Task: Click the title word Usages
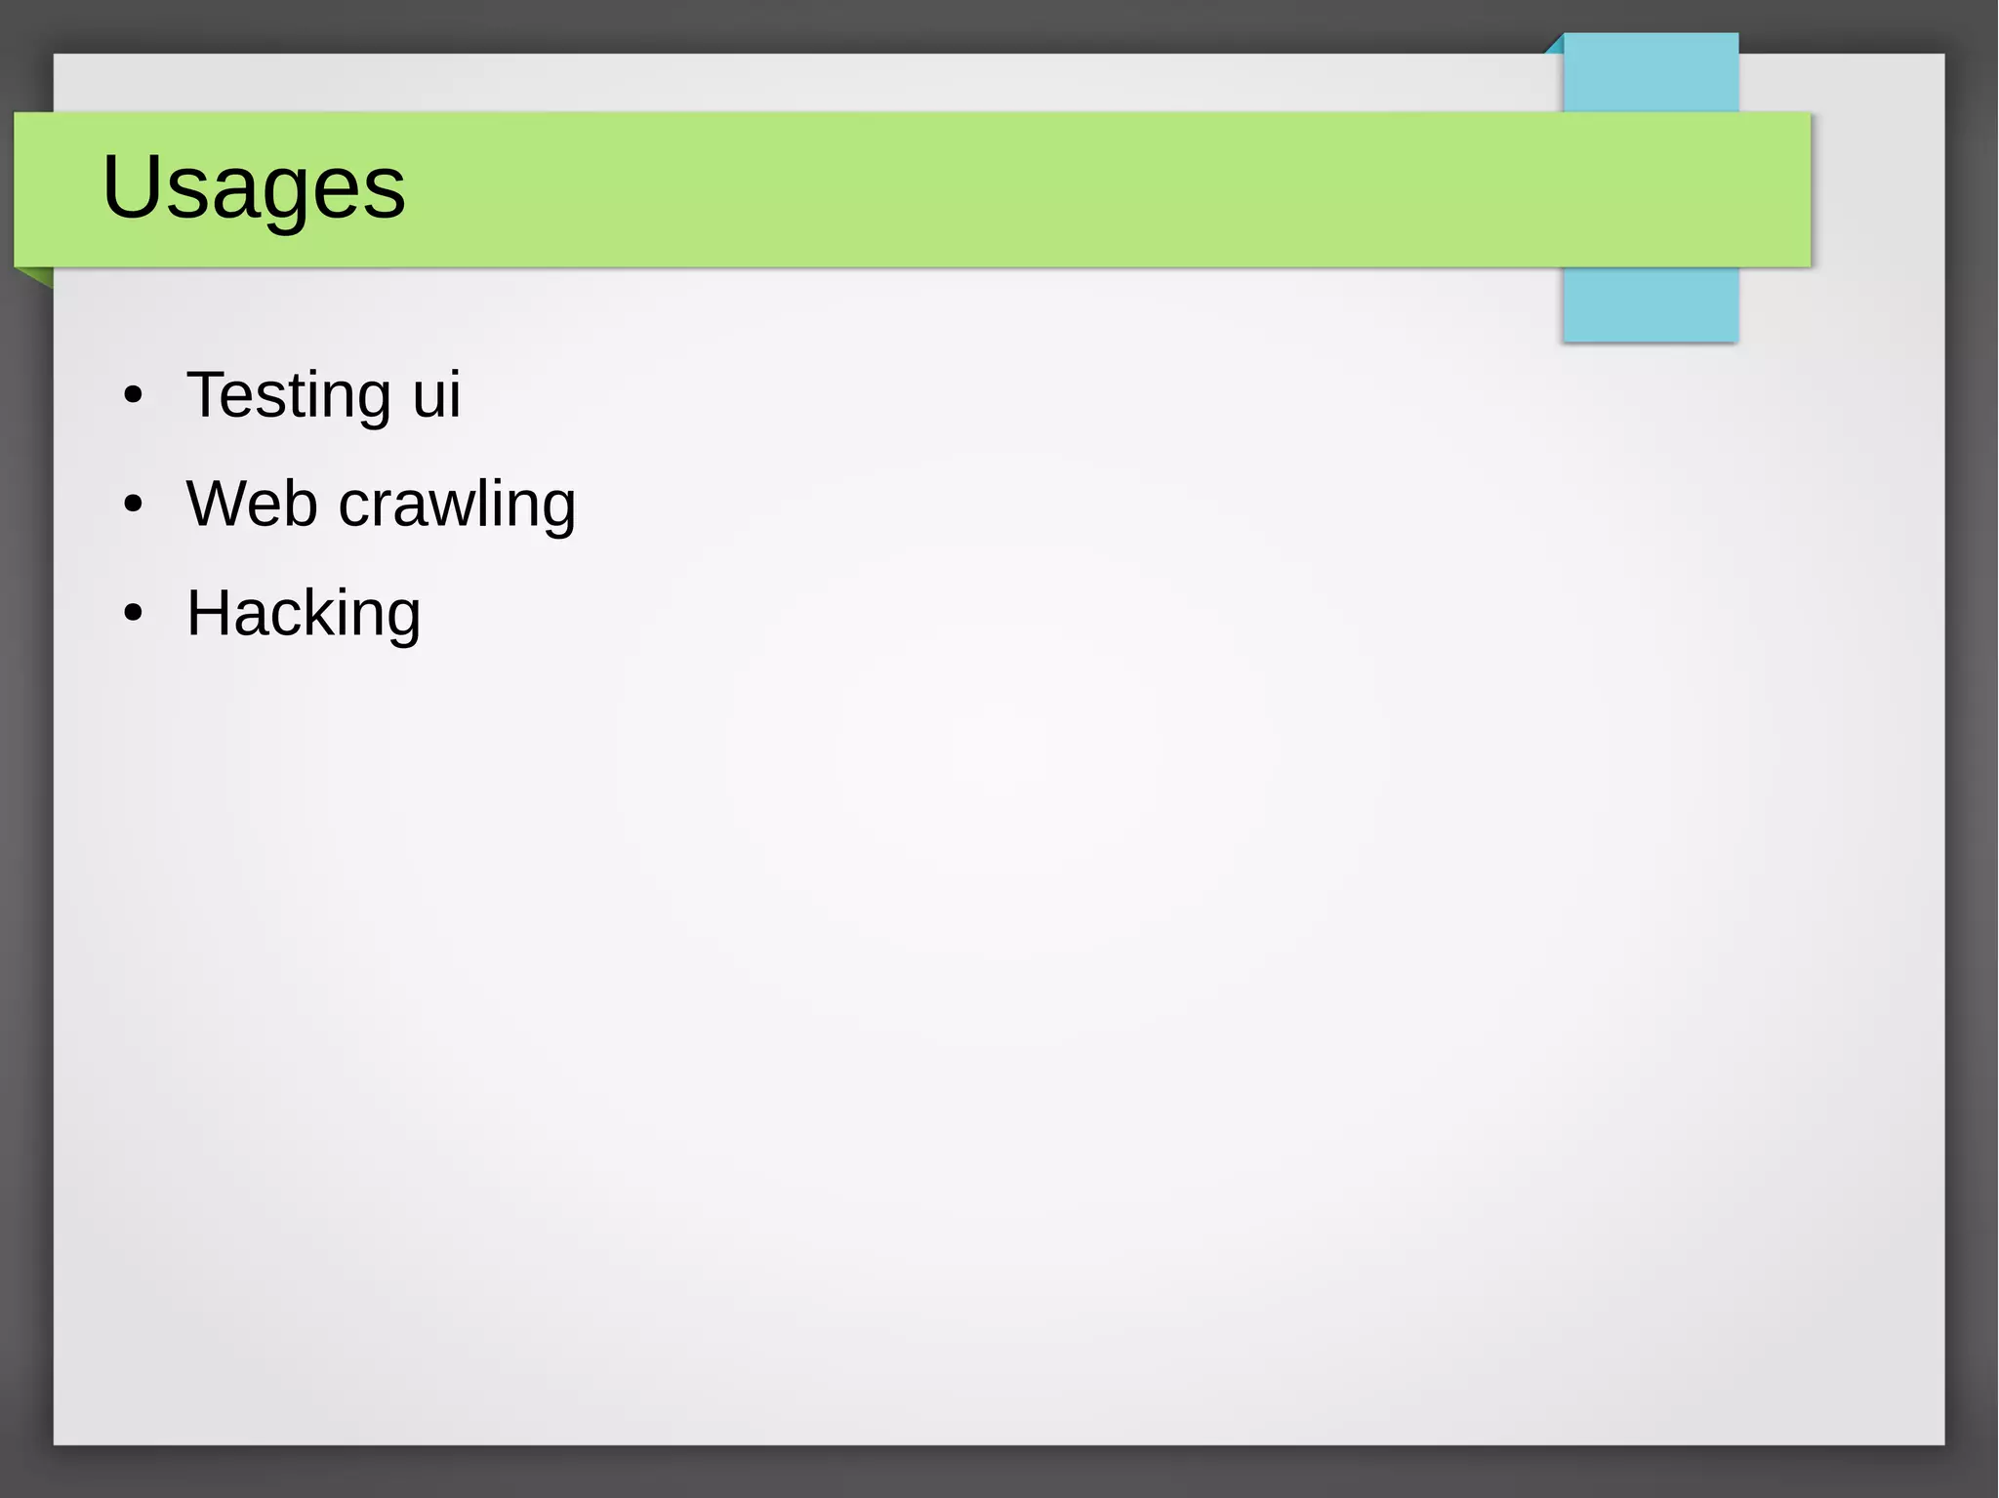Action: click(254, 187)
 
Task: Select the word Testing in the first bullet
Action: click(289, 396)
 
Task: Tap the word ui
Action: click(436, 395)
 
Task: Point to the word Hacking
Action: click(304, 615)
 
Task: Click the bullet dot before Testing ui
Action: click(134, 396)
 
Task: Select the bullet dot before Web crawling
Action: click(134, 506)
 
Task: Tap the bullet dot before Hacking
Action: click(134, 614)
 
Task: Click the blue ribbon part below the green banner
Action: click(1651, 304)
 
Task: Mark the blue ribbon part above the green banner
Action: click(1651, 73)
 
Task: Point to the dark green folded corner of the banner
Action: click(37, 276)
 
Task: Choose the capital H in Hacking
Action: click(208, 613)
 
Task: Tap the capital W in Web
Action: click(220, 504)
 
